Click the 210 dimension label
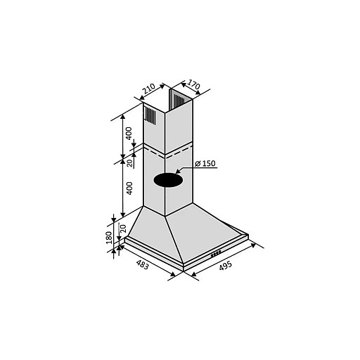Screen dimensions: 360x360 (x=148, y=89)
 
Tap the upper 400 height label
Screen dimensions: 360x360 (x=129, y=134)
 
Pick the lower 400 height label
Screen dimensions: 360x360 (x=129, y=188)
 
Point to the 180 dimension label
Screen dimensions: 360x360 (x=109, y=238)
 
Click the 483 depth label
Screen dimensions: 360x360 (x=142, y=264)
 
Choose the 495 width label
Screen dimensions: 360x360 (x=226, y=266)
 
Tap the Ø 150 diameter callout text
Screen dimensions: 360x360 (x=205, y=163)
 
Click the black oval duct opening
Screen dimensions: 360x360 (x=168, y=180)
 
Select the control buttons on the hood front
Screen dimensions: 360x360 (x=216, y=253)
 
